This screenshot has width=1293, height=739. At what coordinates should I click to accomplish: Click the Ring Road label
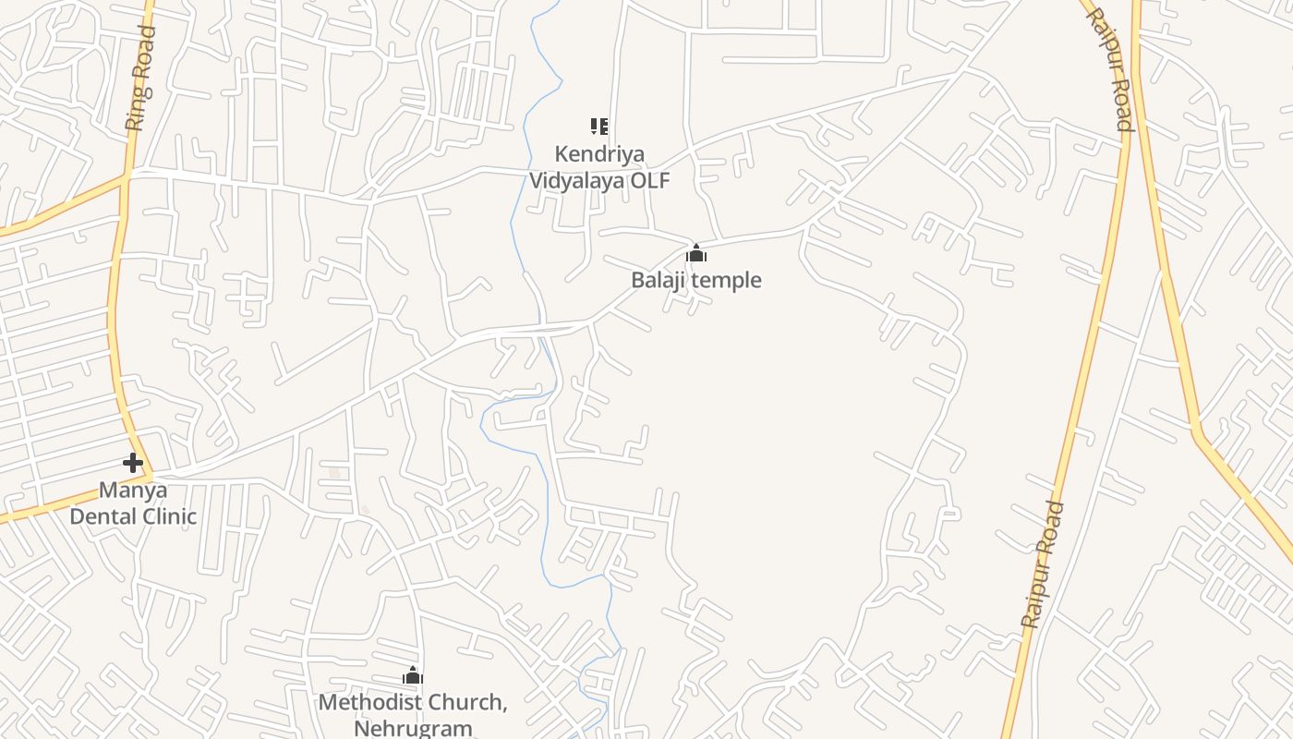pyautogui.click(x=140, y=79)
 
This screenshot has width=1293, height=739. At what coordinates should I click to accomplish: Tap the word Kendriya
pyautogui.click(x=599, y=154)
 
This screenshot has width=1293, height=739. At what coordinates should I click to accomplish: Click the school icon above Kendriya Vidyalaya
pyautogui.click(x=599, y=127)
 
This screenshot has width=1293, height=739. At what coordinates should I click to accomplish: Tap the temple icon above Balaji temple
pyautogui.click(x=696, y=253)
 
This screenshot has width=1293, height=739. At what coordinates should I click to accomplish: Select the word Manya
pyautogui.click(x=133, y=490)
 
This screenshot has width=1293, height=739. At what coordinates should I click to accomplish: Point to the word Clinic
pyautogui.click(x=167, y=515)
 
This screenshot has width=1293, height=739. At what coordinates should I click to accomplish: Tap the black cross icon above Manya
pyautogui.click(x=133, y=463)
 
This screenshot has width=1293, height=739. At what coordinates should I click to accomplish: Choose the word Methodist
pyautogui.click(x=371, y=703)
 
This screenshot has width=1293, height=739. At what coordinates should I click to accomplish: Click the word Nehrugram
pyautogui.click(x=413, y=728)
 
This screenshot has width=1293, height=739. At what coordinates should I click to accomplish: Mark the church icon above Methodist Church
pyautogui.click(x=413, y=676)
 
